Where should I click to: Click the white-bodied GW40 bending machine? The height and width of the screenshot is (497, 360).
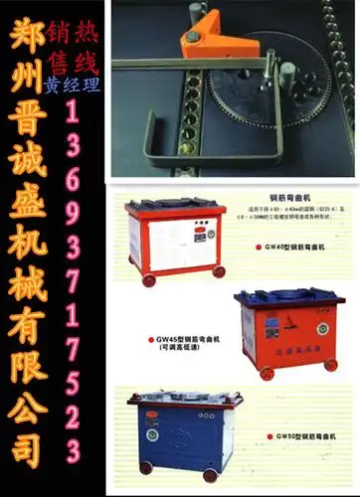tap(173, 238)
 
